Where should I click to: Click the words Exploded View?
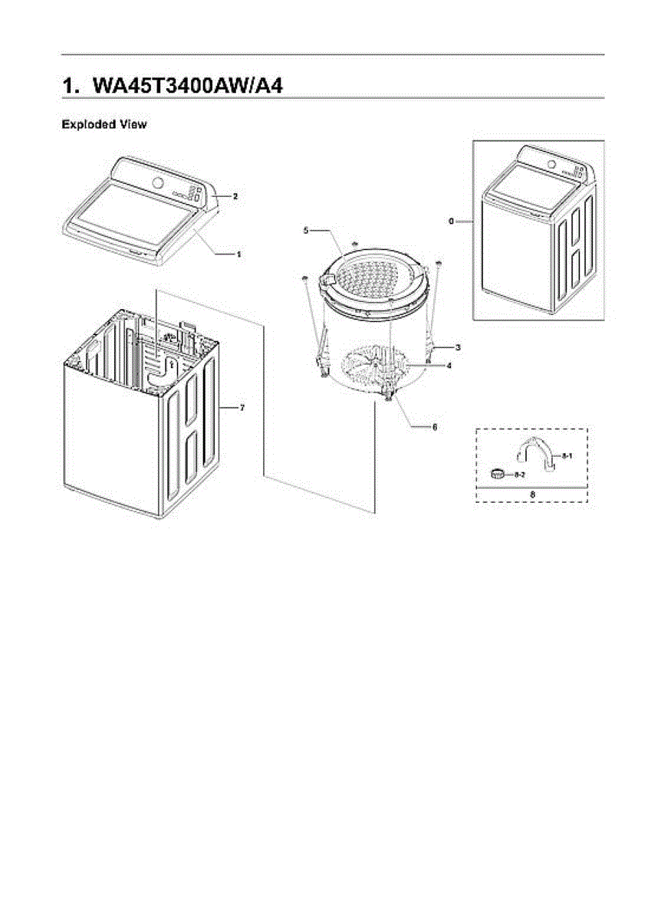pyautogui.click(x=104, y=124)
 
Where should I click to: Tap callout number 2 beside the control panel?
pyautogui.click(x=235, y=196)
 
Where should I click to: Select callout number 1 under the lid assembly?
pyautogui.click(x=238, y=252)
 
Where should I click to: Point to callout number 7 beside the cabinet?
pyautogui.click(x=242, y=407)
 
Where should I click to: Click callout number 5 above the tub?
pyautogui.click(x=305, y=230)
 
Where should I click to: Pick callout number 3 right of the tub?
pyautogui.click(x=458, y=347)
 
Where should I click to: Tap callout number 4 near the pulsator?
pyautogui.click(x=449, y=366)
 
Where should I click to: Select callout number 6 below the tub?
pyautogui.click(x=434, y=426)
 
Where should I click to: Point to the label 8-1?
pyautogui.click(x=567, y=456)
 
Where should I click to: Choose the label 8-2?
pyautogui.click(x=519, y=475)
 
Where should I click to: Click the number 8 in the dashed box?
pyautogui.click(x=532, y=495)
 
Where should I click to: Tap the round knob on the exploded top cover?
pyautogui.click(x=158, y=182)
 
